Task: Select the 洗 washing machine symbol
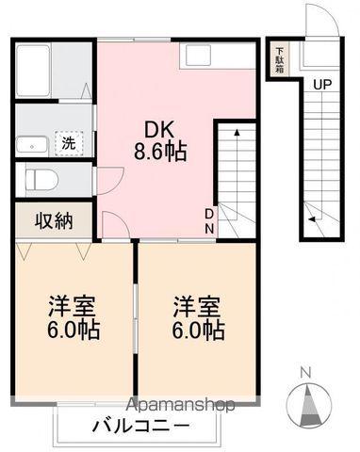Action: (69, 144)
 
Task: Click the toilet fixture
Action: (40, 178)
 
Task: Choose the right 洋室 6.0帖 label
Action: (197, 318)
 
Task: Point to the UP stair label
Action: (322, 85)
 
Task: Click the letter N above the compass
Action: (304, 372)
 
